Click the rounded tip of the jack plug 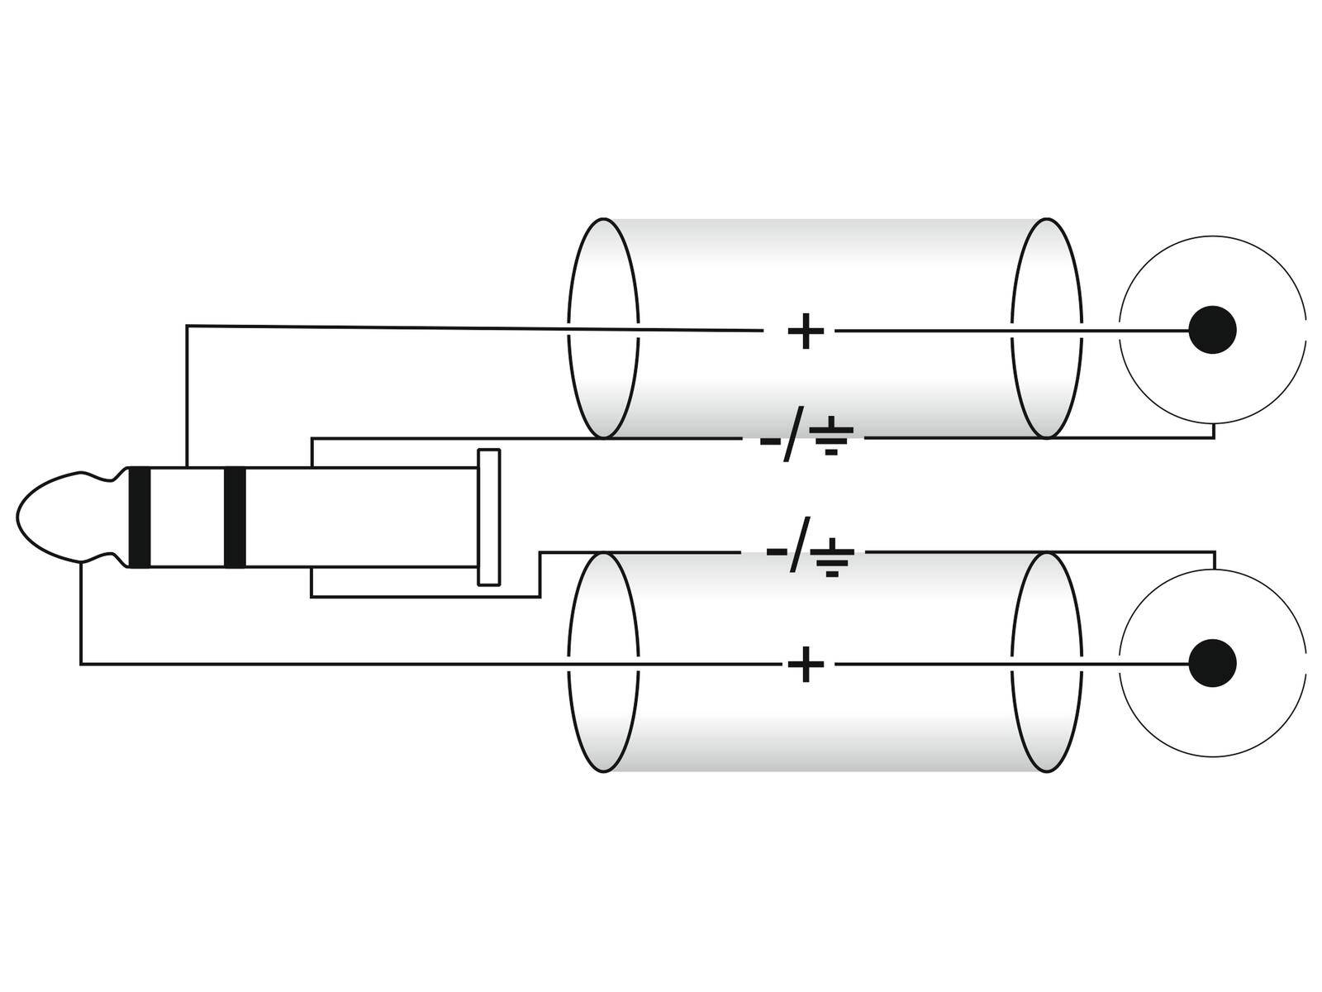pyautogui.click(x=50, y=517)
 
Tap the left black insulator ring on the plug pyautogui.click(x=139, y=517)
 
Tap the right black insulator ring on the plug pyautogui.click(x=235, y=517)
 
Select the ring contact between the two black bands pyautogui.click(x=187, y=517)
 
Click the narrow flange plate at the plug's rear pyautogui.click(x=489, y=517)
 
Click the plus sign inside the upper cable pyautogui.click(x=806, y=331)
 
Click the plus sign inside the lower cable pyautogui.click(x=806, y=664)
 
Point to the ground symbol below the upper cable pyautogui.click(x=830, y=438)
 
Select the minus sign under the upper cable pyautogui.click(x=768, y=440)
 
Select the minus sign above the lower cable pyautogui.click(x=777, y=550)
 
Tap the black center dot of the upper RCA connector pyautogui.click(x=1212, y=330)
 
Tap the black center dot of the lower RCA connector pyautogui.click(x=1212, y=663)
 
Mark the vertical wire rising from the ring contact pyautogui.click(x=188, y=397)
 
